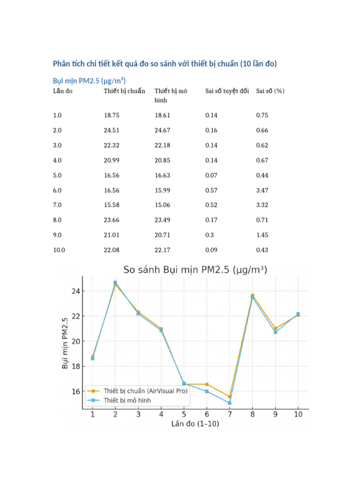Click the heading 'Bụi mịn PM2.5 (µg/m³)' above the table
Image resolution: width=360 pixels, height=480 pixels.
click(x=89, y=81)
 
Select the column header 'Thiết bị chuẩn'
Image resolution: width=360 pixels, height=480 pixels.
click(x=124, y=91)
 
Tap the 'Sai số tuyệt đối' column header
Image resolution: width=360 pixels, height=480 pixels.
click(x=227, y=91)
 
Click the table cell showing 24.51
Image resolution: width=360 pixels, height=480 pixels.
click(x=112, y=130)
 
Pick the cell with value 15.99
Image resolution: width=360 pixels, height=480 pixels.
click(x=162, y=190)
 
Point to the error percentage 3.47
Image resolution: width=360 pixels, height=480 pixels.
click(x=262, y=190)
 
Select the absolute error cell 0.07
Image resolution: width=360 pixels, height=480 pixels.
click(x=211, y=175)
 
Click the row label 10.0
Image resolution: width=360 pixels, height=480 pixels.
click(x=59, y=250)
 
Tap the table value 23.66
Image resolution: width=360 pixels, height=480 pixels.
click(x=112, y=220)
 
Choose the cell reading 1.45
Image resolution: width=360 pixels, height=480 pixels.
click(x=262, y=235)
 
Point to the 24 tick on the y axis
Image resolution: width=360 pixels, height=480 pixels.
click(x=75, y=291)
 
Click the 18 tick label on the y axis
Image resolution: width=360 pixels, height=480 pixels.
click(x=75, y=367)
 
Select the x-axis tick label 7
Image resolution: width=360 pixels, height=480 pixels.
click(x=230, y=414)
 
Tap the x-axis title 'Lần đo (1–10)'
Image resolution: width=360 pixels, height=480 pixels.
click(x=195, y=424)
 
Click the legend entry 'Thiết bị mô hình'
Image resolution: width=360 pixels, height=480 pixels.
click(x=127, y=400)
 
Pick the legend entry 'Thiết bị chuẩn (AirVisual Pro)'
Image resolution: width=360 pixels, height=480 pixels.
click(x=145, y=391)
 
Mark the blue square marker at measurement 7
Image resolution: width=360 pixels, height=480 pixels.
click(x=230, y=403)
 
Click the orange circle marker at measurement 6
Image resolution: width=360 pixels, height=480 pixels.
click(x=207, y=384)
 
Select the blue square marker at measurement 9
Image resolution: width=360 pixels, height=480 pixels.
click(x=276, y=332)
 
